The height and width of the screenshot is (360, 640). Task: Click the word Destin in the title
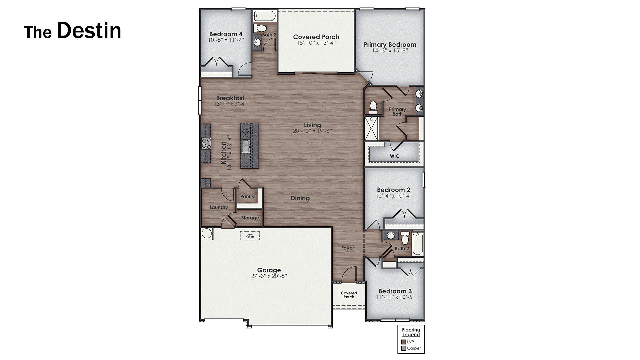(89, 31)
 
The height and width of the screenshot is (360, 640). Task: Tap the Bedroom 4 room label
(226, 34)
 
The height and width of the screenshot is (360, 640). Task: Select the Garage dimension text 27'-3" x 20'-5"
(269, 276)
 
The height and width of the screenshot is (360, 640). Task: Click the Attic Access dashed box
(250, 236)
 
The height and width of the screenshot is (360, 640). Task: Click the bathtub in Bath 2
(417, 244)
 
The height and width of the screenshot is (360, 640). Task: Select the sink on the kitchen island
(246, 146)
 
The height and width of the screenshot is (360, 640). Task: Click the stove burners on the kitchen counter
(206, 143)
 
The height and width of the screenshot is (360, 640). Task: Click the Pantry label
(247, 197)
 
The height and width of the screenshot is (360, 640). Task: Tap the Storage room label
(250, 218)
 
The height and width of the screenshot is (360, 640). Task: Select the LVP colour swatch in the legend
(403, 342)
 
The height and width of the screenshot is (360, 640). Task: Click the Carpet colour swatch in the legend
(403, 348)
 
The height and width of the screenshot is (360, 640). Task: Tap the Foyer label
(348, 248)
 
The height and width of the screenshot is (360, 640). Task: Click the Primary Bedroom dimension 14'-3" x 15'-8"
(390, 51)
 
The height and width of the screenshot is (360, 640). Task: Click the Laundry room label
(219, 207)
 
